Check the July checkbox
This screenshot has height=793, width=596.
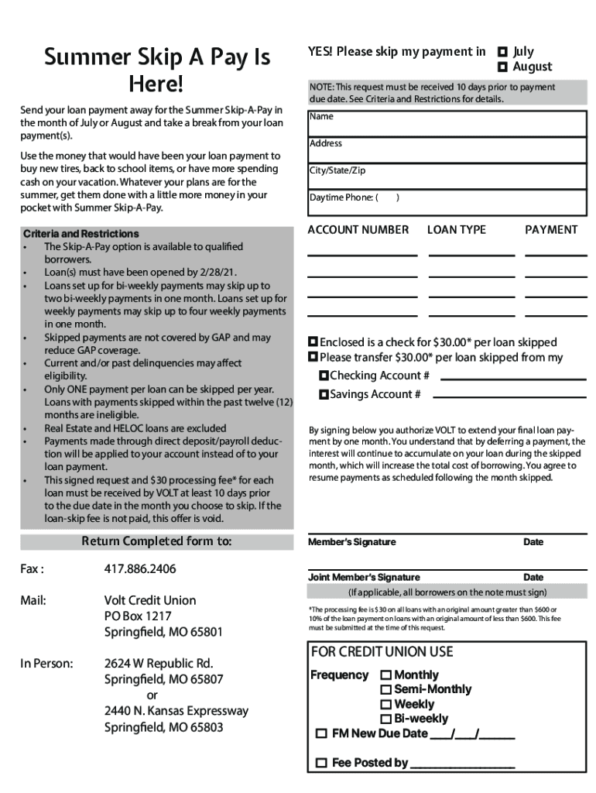click(x=502, y=52)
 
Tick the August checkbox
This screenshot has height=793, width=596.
click(x=502, y=67)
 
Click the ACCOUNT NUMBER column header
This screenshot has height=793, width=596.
click(x=358, y=230)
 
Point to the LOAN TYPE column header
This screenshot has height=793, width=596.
click(x=457, y=230)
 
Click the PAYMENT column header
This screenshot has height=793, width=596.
click(x=551, y=230)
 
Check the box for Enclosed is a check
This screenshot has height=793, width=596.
click(x=313, y=342)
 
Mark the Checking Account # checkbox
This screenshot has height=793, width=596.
click(x=324, y=376)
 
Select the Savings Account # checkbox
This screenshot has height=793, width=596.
click(x=324, y=395)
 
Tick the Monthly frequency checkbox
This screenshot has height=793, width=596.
click(x=385, y=675)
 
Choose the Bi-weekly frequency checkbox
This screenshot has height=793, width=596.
click(x=385, y=719)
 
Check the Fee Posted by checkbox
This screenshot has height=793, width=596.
click(x=321, y=764)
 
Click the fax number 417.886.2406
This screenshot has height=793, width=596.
click(x=140, y=569)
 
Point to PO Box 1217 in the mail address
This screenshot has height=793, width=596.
click(x=138, y=616)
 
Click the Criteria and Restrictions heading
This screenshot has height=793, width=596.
click(x=81, y=234)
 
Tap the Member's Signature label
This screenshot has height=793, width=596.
click(x=352, y=542)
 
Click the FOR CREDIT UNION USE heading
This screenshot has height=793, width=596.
click(x=382, y=652)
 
